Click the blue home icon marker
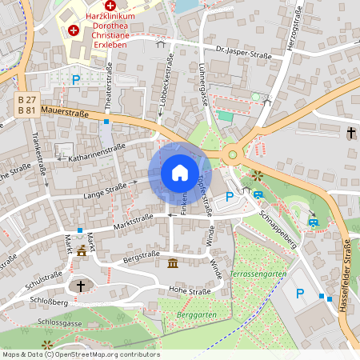pyautogui.click(x=180, y=173)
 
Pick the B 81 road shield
pyautogui.click(x=26, y=110)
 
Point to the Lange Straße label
pyautogui.click(x=105, y=189)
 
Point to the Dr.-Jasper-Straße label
pyautogui.click(x=243, y=50)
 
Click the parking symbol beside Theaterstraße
pyautogui.click(x=76, y=79)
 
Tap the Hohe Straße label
pyautogui.click(x=189, y=291)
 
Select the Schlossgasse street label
pyautogui.click(x=59, y=322)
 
